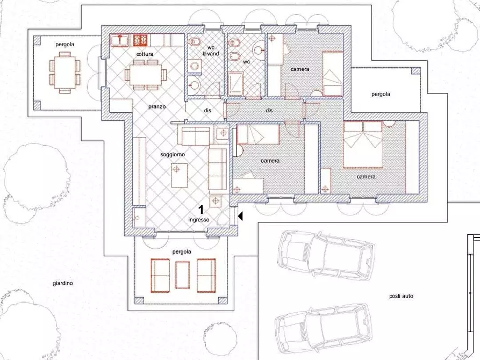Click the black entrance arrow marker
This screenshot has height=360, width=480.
click(240, 217)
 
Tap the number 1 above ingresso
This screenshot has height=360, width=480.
click(201, 210)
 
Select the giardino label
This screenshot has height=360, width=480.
click(63, 284)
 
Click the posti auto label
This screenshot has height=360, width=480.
click(401, 296)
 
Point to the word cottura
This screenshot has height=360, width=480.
click(145, 54)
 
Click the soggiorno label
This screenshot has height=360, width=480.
click(173, 155)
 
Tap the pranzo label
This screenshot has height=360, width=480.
click(157, 106)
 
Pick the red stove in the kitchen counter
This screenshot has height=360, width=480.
click(141, 40)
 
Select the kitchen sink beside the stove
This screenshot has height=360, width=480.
click(120, 40)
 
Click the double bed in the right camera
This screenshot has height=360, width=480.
click(363, 145)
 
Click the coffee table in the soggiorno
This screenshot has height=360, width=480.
click(180, 175)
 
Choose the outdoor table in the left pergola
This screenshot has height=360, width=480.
click(65, 72)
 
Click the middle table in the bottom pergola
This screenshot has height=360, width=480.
click(182, 275)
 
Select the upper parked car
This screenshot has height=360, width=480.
click(326, 256)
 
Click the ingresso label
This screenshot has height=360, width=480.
click(199, 220)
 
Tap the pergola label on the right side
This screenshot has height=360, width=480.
click(381, 94)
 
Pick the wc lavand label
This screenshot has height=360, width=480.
click(211, 51)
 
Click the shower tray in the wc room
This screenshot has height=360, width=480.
click(236, 84)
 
